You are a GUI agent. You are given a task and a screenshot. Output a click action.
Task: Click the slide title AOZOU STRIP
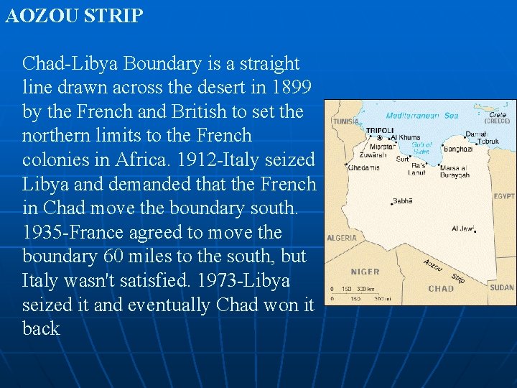pyautogui.click(x=75, y=16)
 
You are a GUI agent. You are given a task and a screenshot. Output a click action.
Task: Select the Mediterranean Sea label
pyautogui.click(x=421, y=116)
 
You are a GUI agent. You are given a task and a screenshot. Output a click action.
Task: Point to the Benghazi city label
pyautogui.click(x=457, y=149)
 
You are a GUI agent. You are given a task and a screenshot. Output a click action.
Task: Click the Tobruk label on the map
pyautogui.click(x=488, y=142)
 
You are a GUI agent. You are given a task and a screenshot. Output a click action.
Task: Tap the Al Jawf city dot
pyautogui.click(x=476, y=231)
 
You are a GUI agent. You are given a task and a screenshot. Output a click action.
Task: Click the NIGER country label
pyautogui.click(x=365, y=272)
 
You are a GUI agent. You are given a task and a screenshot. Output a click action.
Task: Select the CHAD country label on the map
pyautogui.click(x=440, y=289)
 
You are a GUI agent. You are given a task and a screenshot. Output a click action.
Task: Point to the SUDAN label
pyautogui.click(x=502, y=287)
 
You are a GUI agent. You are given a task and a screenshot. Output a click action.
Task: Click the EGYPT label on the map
pyautogui.click(x=504, y=195)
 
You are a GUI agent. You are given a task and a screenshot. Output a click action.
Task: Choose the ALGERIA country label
pyautogui.click(x=342, y=238)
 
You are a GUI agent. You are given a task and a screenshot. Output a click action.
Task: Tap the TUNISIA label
pyautogui.click(x=345, y=122)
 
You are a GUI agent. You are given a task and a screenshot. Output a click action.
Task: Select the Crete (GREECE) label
pyautogui.click(x=497, y=118)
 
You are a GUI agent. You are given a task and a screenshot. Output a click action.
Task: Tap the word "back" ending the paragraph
pyautogui.click(x=41, y=328)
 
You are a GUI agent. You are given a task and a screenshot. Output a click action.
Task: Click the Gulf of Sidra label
pyautogui.click(x=421, y=148)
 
